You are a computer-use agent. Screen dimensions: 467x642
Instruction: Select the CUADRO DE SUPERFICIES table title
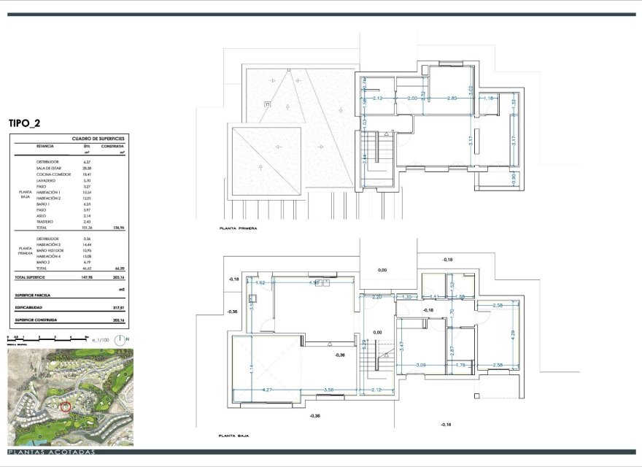pyautogui.click(x=98, y=138)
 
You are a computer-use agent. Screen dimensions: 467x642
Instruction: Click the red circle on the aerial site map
pyautogui.click(x=66, y=407)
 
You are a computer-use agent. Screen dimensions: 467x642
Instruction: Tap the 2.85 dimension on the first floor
pyautogui.click(x=452, y=98)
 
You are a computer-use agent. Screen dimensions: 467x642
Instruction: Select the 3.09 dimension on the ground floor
pyautogui.click(x=421, y=364)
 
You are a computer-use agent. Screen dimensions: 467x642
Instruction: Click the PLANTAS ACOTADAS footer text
pyautogui.click(x=51, y=453)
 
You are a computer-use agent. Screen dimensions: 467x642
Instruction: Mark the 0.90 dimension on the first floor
pyautogui.click(x=513, y=177)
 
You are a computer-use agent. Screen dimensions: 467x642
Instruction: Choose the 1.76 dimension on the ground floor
pyautogui.click(x=461, y=364)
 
